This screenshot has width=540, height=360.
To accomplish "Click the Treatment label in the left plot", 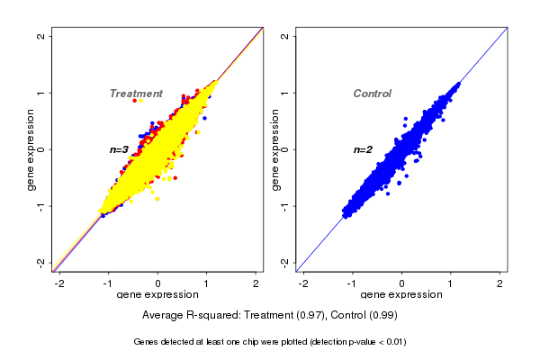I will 136,94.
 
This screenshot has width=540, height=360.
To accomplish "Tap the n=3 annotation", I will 120,149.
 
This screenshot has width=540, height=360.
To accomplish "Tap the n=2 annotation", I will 363,149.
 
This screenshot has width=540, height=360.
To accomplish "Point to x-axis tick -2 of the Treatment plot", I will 60,283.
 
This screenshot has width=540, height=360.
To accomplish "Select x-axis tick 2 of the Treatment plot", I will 256,283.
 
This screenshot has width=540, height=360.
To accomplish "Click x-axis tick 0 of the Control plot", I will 402,283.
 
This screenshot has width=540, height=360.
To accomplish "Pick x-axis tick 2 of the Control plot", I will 500,283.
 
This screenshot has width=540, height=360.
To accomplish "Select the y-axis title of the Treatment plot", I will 31,149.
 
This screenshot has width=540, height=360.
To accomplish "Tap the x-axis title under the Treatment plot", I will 158,295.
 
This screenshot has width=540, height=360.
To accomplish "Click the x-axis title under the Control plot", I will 402,295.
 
